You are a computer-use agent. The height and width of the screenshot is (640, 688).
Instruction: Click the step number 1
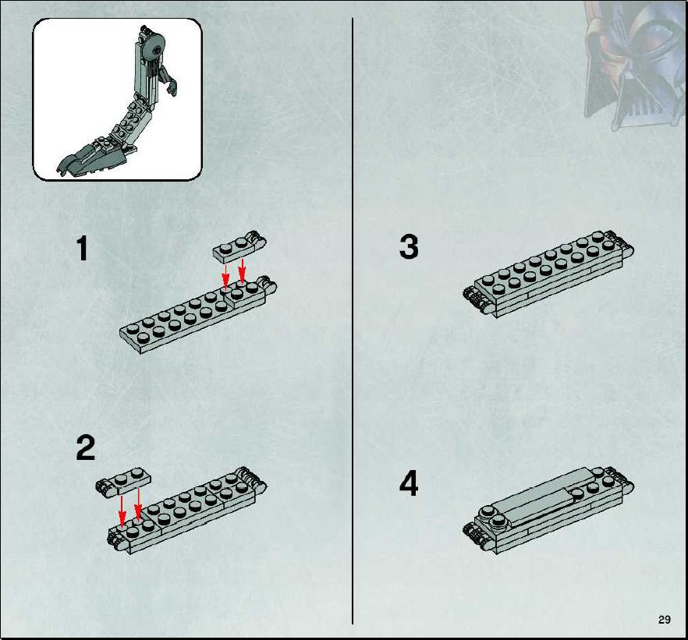tap(82, 248)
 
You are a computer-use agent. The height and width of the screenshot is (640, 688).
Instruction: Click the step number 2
tap(86, 447)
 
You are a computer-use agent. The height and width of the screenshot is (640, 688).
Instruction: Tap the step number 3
tap(409, 246)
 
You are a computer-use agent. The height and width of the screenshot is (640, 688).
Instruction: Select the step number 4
tap(409, 484)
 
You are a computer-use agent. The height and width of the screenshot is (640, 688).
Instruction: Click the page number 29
tap(665, 620)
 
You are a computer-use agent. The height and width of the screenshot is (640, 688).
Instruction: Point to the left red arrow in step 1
tap(225, 275)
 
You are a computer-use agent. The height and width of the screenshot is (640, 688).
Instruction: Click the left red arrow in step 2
tap(122, 510)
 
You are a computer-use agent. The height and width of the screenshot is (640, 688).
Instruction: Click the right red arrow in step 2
tap(138, 504)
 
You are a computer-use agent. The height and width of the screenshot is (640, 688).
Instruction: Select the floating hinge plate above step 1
tap(240, 247)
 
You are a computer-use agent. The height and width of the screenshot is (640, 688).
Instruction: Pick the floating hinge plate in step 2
tap(123, 481)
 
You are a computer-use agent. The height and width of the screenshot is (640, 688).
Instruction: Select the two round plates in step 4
tap(492, 516)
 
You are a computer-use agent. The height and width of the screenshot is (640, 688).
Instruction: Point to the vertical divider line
tap(353, 321)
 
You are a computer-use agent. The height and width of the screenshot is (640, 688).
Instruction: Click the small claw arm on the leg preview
tap(169, 82)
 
